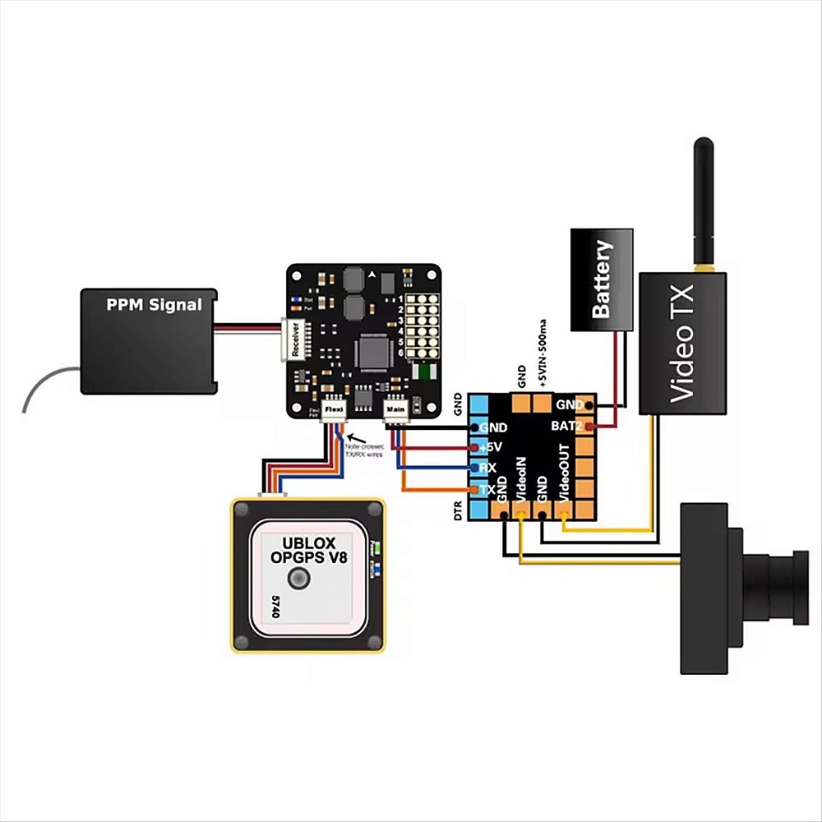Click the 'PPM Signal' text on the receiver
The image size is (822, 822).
click(154, 305)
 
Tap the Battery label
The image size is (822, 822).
click(603, 279)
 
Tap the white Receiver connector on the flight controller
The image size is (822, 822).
click(294, 339)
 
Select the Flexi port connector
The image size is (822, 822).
click(334, 409)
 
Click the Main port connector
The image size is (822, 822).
click(395, 409)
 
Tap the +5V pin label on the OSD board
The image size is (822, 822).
click(491, 448)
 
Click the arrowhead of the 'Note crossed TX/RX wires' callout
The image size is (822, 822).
click(348, 436)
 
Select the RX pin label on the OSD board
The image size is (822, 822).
click(487, 469)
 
